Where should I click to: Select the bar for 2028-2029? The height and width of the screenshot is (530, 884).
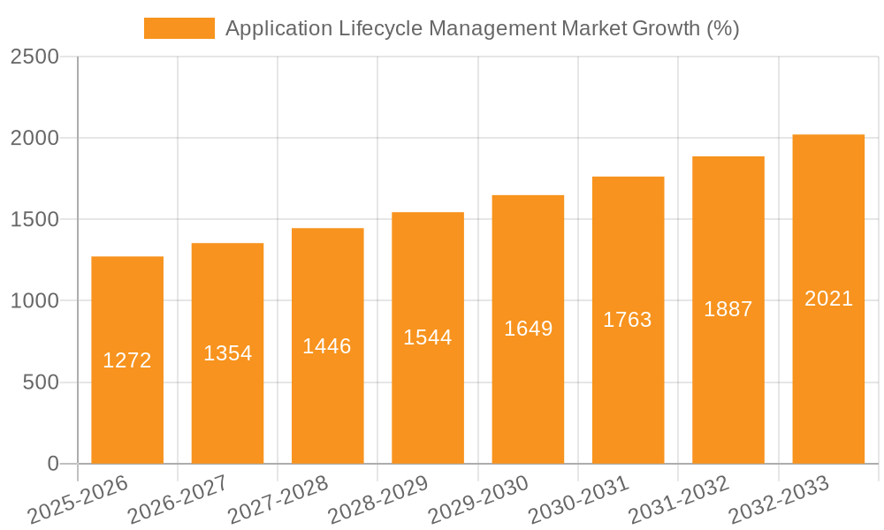428,397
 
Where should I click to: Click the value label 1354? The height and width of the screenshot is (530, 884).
228,353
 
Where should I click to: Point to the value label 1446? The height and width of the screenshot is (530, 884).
327,346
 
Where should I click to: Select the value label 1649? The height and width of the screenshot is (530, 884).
529,329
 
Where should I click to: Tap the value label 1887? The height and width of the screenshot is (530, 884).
728,309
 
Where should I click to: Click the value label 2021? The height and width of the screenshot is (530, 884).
828,299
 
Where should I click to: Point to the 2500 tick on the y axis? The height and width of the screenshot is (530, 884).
35,57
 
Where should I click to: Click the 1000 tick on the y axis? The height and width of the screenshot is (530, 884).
35,301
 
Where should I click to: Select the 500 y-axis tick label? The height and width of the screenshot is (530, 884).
42,382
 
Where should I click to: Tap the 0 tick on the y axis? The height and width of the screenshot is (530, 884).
52,464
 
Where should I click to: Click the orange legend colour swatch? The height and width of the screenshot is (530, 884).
179,28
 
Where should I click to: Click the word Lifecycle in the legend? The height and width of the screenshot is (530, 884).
381,28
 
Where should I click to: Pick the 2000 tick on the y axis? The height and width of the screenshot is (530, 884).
35,139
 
